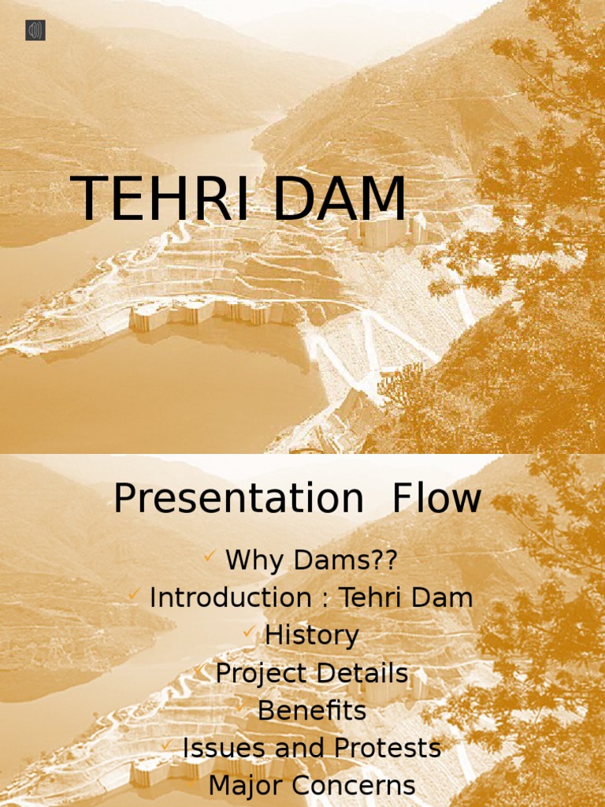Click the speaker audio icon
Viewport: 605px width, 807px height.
coord(35,31)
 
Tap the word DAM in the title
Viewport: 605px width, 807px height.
coord(340,198)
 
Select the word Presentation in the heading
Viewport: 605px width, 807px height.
coord(239,498)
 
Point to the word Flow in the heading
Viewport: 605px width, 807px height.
coord(436,498)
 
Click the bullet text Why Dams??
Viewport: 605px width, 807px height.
coord(311,560)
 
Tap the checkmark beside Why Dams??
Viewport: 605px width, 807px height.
coord(210,556)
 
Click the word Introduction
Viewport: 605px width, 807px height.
coord(231,597)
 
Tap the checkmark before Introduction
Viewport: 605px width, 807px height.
coord(134,594)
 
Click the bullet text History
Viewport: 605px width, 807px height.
coord(312,636)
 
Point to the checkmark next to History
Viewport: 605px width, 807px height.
coord(249,631)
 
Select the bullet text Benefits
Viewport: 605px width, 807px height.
coord(312,711)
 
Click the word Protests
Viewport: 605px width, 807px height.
coord(388,749)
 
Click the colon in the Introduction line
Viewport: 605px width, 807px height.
coord(325,600)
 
